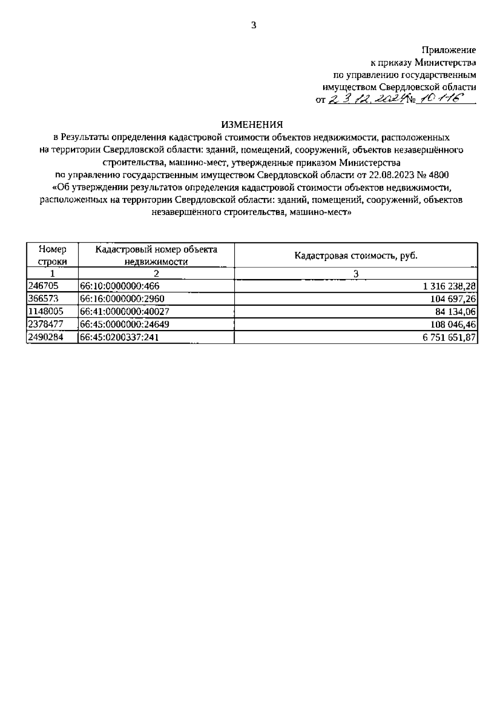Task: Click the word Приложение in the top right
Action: click(x=449, y=50)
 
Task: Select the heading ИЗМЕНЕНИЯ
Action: click(x=252, y=124)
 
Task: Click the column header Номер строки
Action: click(x=52, y=255)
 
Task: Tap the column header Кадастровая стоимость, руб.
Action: click(x=356, y=256)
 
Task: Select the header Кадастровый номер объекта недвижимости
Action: click(x=156, y=255)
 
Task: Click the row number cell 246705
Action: click(x=43, y=286)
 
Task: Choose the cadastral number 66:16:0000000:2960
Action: click(x=122, y=299)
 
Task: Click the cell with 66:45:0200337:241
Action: click(x=119, y=338)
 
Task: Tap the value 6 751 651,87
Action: click(x=449, y=338)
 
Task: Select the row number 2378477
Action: click(x=46, y=325)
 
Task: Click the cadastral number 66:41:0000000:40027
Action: click(x=125, y=312)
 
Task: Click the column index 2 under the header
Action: click(x=156, y=274)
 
